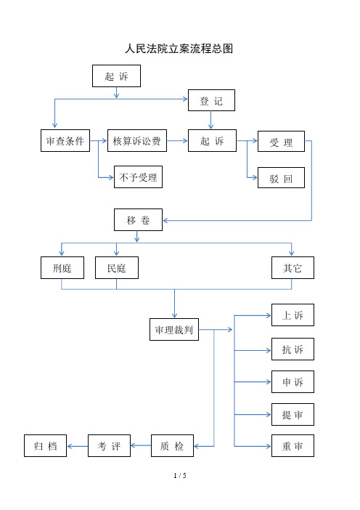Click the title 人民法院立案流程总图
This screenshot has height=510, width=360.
(179, 49)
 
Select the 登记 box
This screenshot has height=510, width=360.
(211, 100)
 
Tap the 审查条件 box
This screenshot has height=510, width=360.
(65, 141)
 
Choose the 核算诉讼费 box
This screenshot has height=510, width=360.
(136, 141)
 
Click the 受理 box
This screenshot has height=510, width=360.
(281, 142)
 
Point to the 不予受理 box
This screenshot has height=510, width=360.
(138, 177)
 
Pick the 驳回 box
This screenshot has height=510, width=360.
(281, 178)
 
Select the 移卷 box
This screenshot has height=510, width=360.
(138, 219)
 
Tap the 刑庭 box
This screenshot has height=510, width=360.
(62, 268)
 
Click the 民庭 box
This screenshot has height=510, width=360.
(117, 268)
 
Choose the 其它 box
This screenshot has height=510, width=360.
(292, 268)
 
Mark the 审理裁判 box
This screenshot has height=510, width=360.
(173, 329)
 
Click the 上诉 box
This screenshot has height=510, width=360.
(292, 315)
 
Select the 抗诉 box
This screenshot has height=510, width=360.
(292, 349)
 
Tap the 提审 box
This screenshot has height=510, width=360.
(292, 413)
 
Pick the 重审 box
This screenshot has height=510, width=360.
(292, 445)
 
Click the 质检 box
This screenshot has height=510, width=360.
(172, 445)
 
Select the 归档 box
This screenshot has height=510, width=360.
(45, 445)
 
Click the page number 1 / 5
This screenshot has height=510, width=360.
(180, 475)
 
